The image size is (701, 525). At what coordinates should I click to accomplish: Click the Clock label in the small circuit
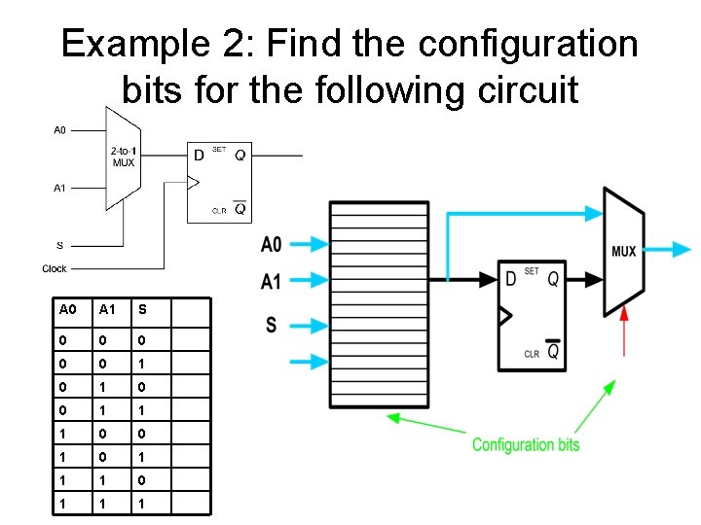[x=55, y=269]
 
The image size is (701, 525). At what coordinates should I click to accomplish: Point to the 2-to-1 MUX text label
[x=123, y=157]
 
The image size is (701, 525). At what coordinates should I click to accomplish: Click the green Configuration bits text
[x=526, y=445]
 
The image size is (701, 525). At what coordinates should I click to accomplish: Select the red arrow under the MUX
[x=623, y=329]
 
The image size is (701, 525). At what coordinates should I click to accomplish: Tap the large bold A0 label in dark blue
[x=272, y=244]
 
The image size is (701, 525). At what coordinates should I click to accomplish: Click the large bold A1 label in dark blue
[x=272, y=281]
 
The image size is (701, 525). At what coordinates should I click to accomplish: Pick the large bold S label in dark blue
[x=271, y=325]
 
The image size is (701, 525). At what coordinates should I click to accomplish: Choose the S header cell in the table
[x=142, y=310]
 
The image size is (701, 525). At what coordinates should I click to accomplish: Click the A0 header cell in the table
[x=67, y=310]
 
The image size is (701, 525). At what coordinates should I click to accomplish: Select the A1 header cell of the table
[x=105, y=310]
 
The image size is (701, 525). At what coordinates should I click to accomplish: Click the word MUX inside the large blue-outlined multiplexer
[x=623, y=251]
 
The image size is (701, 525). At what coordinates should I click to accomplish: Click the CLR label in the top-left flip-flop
[x=219, y=210]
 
